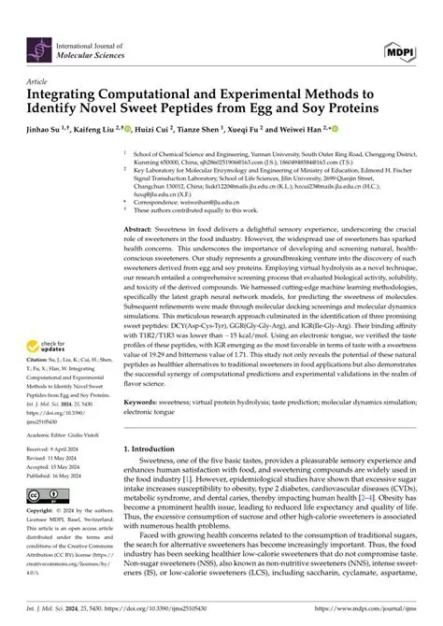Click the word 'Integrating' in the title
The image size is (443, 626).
[70, 96]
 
